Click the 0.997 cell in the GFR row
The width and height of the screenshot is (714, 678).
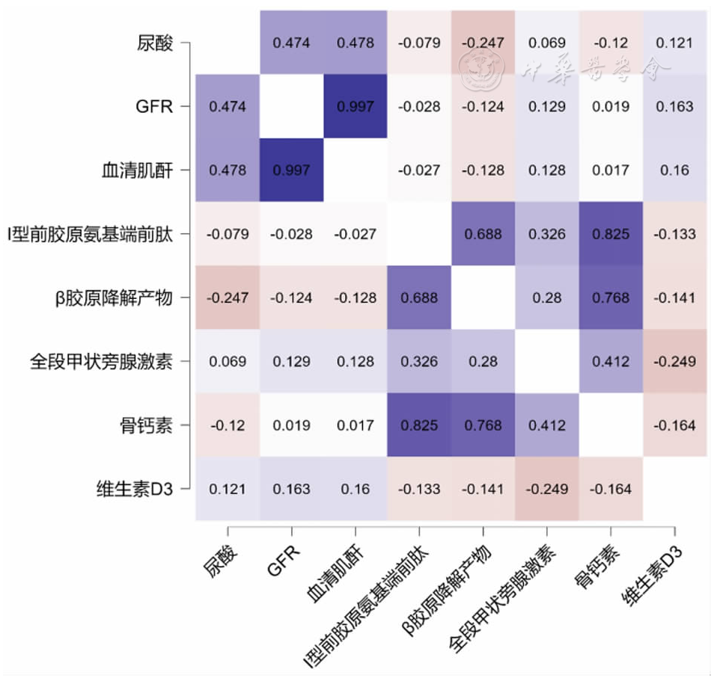355,106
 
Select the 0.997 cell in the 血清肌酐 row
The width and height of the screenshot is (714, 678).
291,170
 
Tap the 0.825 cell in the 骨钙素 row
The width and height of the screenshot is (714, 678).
418,425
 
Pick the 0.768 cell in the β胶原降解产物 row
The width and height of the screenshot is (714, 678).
610,298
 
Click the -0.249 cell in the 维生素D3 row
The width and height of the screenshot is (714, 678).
546,490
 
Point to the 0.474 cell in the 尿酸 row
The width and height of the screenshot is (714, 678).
291,43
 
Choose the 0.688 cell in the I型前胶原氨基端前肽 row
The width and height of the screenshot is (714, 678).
483,234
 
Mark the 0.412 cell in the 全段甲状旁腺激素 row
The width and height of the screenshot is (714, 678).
610,362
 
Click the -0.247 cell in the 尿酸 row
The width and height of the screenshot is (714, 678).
483,43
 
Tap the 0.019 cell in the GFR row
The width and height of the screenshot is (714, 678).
610,106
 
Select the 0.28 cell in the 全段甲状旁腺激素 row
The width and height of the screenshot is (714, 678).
483,362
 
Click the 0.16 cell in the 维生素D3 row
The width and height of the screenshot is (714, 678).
355,490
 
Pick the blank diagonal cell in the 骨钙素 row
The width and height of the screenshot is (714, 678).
610,425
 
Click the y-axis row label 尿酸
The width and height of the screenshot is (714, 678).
156,43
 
